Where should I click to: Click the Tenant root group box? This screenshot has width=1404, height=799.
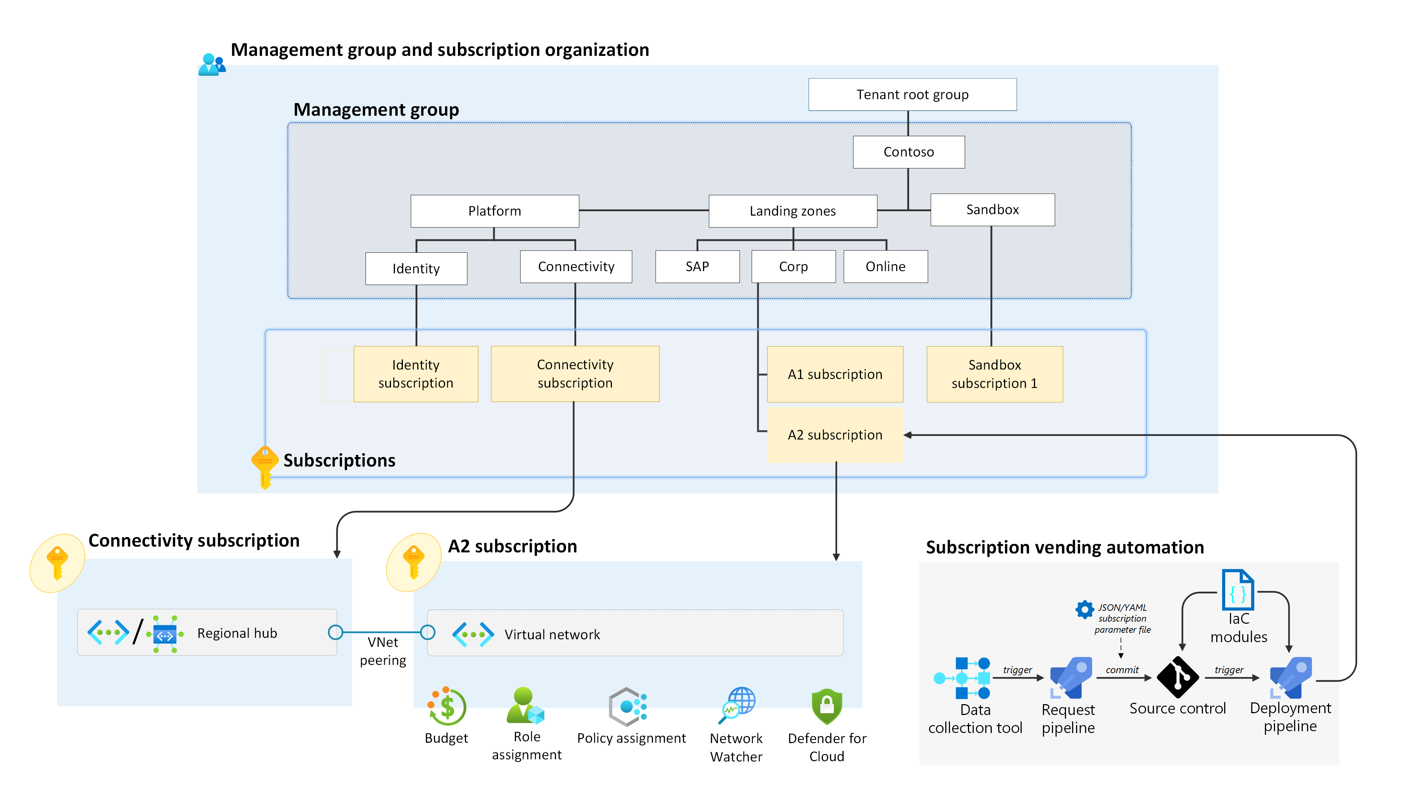(x=912, y=94)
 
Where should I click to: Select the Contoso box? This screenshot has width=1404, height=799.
(x=908, y=152)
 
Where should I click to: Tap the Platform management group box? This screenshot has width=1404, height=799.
(x=494, y=211)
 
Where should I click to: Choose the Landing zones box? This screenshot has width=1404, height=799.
(x=792, y=211)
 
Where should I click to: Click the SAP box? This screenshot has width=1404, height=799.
(x=697, y=267)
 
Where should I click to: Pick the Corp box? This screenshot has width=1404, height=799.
(x=793, y=267)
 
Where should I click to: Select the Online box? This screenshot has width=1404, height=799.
(x=885, y=267)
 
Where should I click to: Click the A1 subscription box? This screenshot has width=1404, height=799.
(x=835, y=374)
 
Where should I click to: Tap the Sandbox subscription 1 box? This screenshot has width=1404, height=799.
(x=994, y=374)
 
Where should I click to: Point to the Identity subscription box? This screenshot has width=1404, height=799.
(x=416, y=374)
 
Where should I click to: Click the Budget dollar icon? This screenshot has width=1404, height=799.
(x=447, y=707)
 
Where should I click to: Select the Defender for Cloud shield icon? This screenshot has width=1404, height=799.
(x=826, y=706)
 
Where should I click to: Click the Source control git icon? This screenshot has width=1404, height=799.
(x=1177, y=677)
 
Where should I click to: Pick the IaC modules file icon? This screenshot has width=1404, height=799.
(x=1237, y=591)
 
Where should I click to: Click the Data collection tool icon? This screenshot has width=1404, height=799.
(x=963, y=678)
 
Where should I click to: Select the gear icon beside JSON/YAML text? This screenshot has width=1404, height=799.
(x=1084, y=610)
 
